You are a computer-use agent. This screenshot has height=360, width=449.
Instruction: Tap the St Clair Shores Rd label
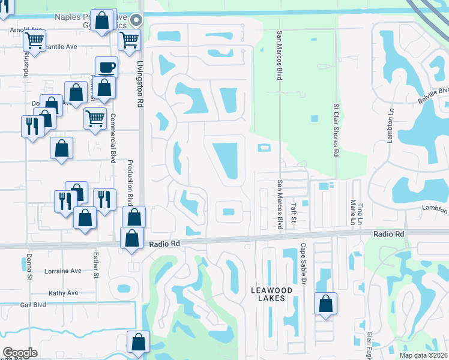336,129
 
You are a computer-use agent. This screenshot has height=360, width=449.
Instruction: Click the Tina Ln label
361,214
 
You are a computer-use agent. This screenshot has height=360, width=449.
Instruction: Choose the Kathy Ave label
64,293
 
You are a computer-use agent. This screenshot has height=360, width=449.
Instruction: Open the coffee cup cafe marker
106,67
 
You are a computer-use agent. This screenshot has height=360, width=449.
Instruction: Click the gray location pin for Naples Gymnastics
136,19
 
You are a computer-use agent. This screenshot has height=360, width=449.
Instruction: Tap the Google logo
20,353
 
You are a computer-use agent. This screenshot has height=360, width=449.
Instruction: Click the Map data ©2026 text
423,355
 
